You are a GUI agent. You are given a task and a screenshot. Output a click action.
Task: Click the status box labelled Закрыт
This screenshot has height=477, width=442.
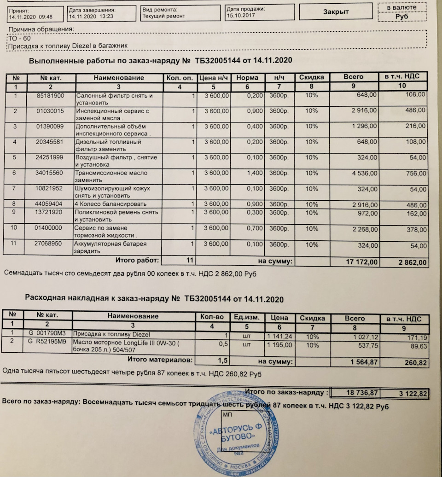[x=336, y=12]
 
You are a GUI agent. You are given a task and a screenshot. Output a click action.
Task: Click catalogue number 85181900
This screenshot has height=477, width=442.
[x=50, y=96]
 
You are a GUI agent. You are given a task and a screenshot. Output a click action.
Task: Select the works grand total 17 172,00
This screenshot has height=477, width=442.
[x=362, y=262]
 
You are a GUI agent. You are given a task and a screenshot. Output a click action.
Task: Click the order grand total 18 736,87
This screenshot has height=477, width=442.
[x=361, y=393]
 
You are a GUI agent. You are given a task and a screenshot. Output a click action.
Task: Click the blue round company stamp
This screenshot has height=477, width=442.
[x=234, y=433]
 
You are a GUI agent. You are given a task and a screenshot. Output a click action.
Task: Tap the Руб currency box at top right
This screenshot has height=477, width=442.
[x=401, y=17]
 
